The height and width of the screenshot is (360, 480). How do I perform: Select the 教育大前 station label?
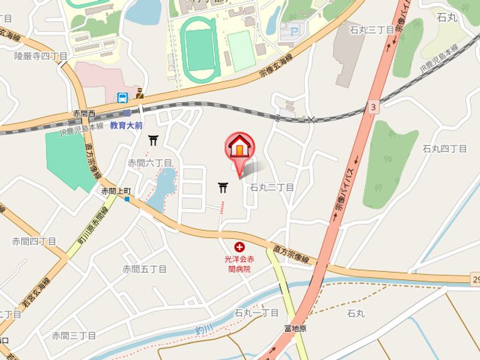coord(127,125)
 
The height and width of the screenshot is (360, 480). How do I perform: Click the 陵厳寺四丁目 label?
coord(41,57)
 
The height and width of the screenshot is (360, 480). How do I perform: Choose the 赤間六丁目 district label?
coord(150,163)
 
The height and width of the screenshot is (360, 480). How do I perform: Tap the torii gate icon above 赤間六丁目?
coord(154,140)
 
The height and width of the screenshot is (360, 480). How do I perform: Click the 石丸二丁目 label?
coord(271,188)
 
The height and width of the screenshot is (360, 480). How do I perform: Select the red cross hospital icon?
coord(239,247)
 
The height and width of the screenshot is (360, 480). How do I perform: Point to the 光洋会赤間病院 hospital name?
coord(239,264)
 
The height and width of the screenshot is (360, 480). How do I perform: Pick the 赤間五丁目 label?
coord(144,269)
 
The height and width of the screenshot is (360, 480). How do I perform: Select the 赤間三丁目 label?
coord(74,335)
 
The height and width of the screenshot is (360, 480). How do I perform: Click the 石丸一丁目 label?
coord(256,313)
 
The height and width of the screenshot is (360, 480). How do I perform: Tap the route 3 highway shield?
coord(373,107)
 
